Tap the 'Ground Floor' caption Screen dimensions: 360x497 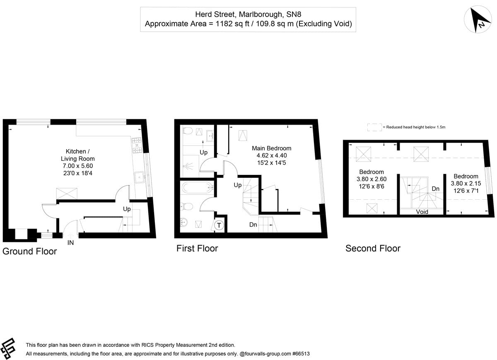pos(29,251)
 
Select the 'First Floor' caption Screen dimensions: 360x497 pos(197,248)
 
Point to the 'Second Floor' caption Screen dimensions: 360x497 pos(373,248)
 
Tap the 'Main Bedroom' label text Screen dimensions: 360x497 pos(271,148)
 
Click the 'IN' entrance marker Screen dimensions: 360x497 pos(70,243)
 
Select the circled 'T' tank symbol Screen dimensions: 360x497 pos(219,225)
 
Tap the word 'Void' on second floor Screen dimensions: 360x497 pos(422,212)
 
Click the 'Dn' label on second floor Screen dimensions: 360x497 pos(435,188)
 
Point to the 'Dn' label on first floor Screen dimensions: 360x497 pos(253,225)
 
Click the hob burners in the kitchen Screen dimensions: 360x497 pos(137,145)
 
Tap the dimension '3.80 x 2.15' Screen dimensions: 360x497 pos(466,183)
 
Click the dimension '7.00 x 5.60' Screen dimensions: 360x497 pos(80,166)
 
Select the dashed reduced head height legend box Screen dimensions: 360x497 pos(374,127)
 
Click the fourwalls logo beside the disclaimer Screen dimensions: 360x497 pos(9,348)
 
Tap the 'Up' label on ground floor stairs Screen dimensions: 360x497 pos(127,209)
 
